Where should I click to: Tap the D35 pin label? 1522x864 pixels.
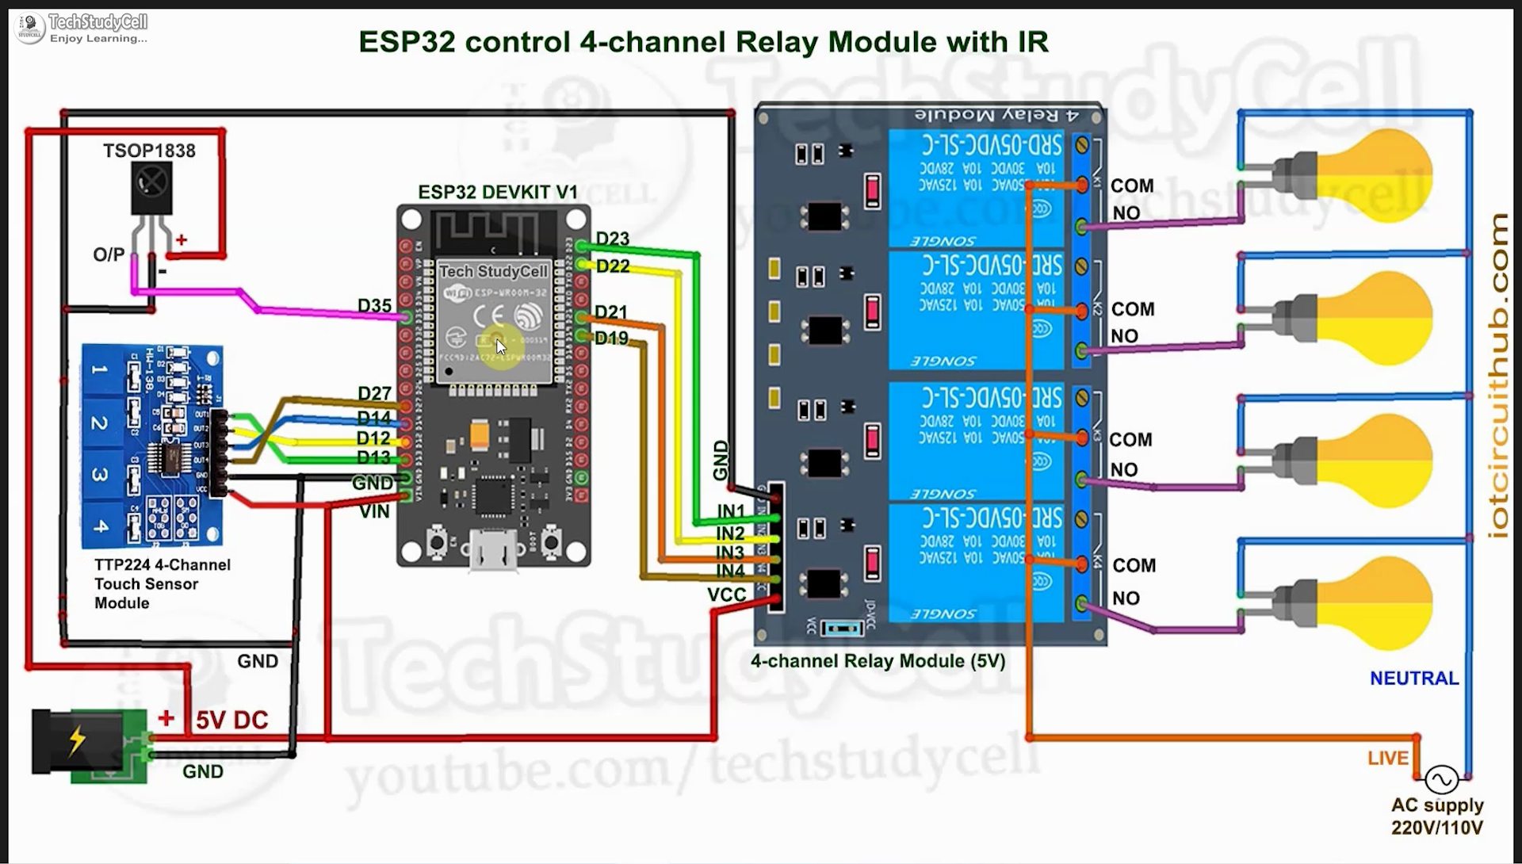(374, 306)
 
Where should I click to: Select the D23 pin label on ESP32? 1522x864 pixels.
(612, 239)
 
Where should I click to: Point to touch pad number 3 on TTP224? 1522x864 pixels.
(100, 474)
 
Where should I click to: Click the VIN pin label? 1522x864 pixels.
(374, 512)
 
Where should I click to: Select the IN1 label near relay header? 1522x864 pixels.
(730, 511)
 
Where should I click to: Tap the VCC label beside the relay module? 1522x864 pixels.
(727, 594)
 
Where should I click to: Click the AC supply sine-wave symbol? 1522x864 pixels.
(1440, 780)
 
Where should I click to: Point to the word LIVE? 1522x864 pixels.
(1387, 759)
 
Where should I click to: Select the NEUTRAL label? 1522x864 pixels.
(1414, 679)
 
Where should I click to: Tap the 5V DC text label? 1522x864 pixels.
(231, 721)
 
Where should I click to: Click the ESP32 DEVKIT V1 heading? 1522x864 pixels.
(498, 193)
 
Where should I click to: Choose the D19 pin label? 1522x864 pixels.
(611, 338)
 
